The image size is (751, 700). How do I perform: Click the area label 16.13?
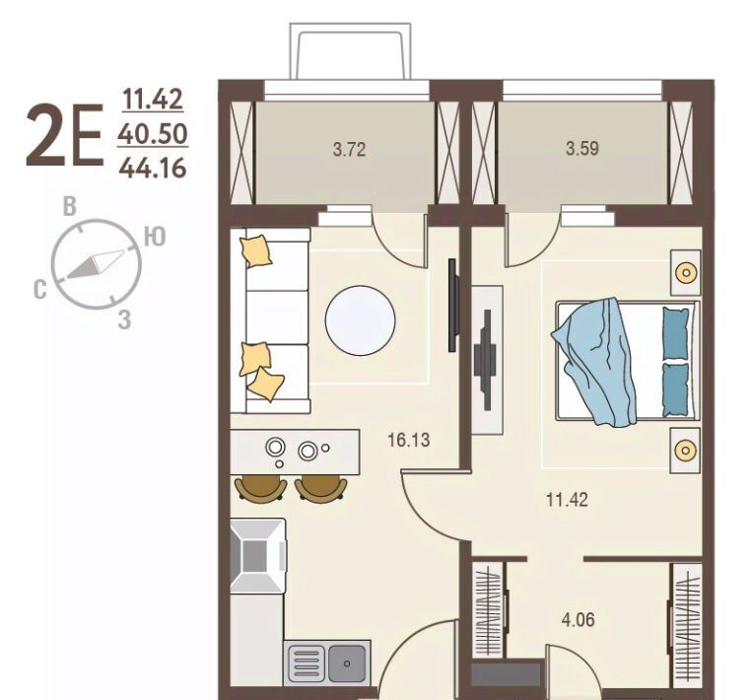(409, 440)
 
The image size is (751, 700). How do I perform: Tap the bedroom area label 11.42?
(567, 500)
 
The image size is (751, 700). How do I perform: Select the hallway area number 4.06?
(579, 619)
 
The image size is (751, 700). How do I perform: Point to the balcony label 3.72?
(349, 150)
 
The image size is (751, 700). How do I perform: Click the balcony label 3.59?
(581, 149)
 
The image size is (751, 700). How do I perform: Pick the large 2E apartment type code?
(65, 136)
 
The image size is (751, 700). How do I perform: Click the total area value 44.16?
(153, 169)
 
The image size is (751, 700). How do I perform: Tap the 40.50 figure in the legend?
(153, 134)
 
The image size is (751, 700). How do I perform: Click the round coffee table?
(360, 320)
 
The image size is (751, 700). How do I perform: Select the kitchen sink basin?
(347, 664)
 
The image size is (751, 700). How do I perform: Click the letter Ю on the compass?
(155, 237)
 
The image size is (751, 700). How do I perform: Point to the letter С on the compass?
(40, 290)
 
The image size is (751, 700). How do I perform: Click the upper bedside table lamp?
(686, 273)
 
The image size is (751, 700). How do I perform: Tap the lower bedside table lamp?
(686, 451)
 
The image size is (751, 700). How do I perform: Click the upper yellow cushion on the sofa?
(256, 250)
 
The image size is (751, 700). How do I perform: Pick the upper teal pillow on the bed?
(676, 333)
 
